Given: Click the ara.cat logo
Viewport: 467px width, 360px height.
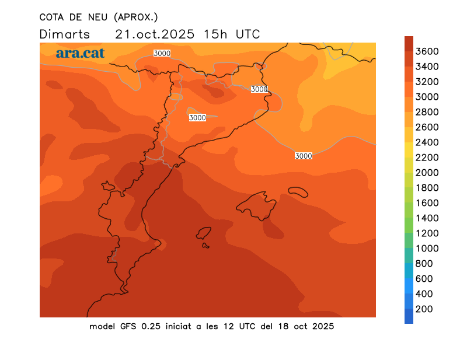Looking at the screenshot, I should click(81, 53).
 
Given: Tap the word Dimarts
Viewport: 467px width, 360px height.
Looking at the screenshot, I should click(65, 34).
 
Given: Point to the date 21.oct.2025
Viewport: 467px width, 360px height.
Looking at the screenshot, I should click(155, 34).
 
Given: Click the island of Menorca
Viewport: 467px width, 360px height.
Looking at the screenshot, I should click(298, 192).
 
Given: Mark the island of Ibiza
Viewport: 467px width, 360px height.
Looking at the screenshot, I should click(203, 234).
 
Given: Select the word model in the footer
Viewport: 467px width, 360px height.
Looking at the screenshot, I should click(103, 326).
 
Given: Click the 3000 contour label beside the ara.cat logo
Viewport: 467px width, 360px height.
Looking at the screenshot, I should click(162, 53).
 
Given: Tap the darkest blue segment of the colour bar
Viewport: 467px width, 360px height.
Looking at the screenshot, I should click(409, 316).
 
